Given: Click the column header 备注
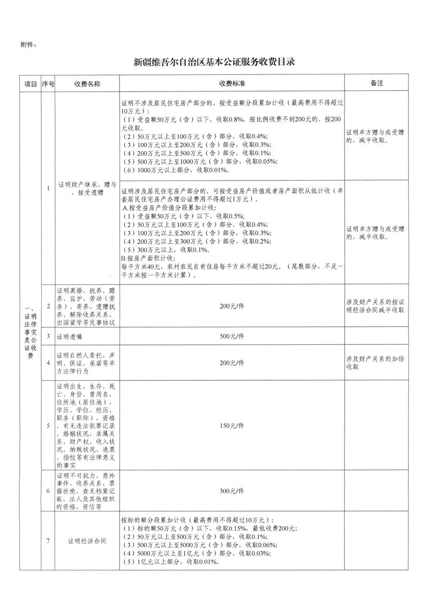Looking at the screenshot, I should coord(377,84).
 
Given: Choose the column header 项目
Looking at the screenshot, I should coord(30,84).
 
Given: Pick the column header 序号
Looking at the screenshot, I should coord(48,84).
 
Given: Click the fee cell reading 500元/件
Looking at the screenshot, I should coord(232,336).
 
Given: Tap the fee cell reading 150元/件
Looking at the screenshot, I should coord(232,425).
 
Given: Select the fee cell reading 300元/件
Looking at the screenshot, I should coord(232,491).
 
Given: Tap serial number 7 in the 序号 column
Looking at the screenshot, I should coord(48,540).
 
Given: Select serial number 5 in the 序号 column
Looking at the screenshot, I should coord(48,425).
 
